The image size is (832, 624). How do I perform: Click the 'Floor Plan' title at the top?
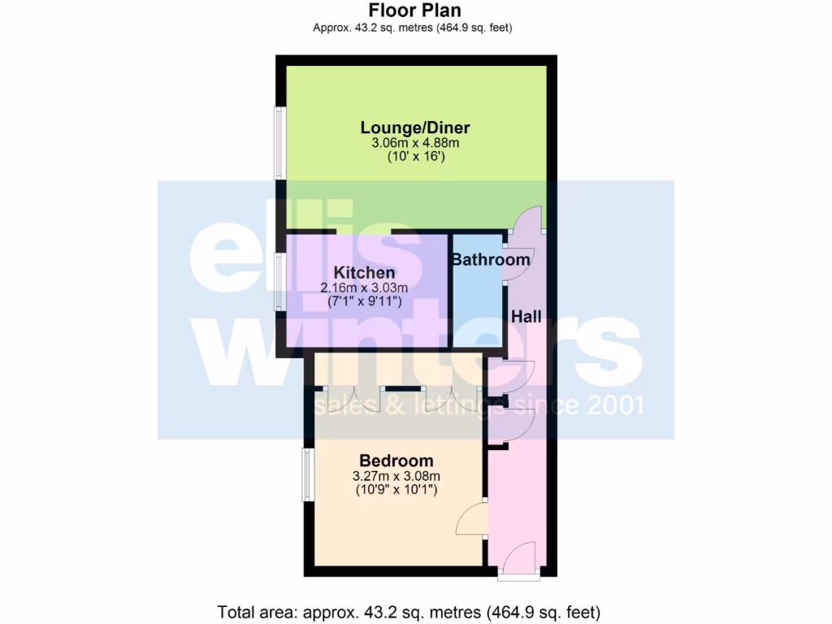click(x=414, y=11)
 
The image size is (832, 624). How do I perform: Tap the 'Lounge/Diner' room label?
click(x=415, y=128)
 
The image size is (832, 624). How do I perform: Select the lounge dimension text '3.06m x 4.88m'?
click(x=415, y=143)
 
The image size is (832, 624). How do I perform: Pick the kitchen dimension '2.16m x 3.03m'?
click(x=364, y=288)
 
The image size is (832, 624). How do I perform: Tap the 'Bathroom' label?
click(x=490, y=260)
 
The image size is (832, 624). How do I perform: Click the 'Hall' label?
click(x=526, y=317)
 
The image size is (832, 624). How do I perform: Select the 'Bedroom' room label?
click(x=396, y=461)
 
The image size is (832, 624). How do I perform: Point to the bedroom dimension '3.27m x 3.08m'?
click(x=396, y=476)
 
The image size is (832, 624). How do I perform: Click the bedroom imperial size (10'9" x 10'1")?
click(x=396, y=490)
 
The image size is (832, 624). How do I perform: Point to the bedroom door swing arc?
click(x=472, y=519)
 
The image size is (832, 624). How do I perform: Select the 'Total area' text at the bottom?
click(x=409, y=611)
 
